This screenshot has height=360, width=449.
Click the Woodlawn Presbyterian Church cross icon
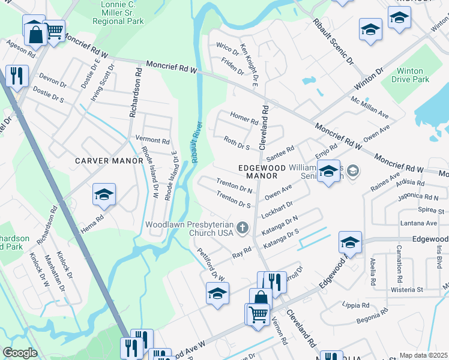point(243,227)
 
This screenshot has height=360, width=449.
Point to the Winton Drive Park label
point(411,75)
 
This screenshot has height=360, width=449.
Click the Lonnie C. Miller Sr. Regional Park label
point(119,13)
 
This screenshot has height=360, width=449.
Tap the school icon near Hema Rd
point(103,195)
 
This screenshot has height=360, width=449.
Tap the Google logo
point(20,353)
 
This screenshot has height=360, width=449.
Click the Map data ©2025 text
point(423,355)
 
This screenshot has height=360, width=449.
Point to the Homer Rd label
point(244,119)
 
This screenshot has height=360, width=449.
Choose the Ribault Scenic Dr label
point(333,42)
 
